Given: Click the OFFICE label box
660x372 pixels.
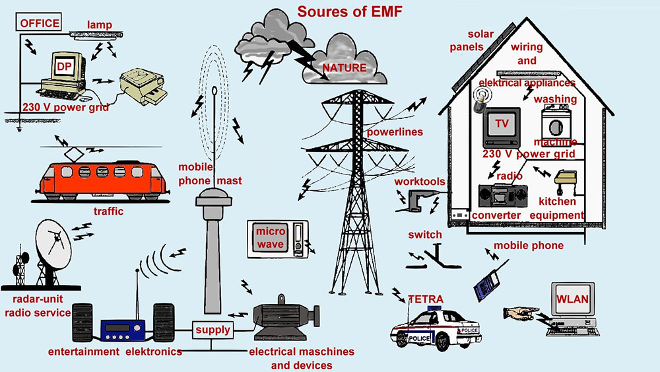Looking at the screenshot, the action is pyautogui.click(x=39, y=22).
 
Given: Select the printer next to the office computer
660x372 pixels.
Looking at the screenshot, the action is pyautogui.click(x=143, y=87).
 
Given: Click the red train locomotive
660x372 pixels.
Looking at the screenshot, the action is pyautogui.click(x=100, y=181).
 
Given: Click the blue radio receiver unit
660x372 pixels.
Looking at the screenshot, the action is pyautogui.click(x=123, y=330).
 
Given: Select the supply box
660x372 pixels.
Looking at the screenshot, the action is pyautogui.click(x=213, y=330).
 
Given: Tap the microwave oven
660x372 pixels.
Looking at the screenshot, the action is pyautogui.click(x=278, y=239).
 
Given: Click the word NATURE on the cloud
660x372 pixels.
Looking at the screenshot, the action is pyautogui.click(x=345, y=67).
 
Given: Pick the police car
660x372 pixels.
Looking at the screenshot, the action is pyautogui.click(x=436, y=329).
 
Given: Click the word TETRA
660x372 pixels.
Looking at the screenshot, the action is pyautogui.click(x=426, y=299).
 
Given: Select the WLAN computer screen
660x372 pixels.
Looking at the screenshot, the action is pyautogui.click(x=573, y=299).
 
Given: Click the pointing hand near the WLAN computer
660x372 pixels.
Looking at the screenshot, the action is pyautogui.click(x=521, y=313).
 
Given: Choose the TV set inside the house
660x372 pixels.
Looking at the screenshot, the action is pyautogui.click(x=502, y=127).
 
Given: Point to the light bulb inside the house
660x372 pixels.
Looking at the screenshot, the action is pyautogui.click(x=480, y=99).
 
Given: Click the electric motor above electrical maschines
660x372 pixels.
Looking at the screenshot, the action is pyautogui.click(x=286, y=318).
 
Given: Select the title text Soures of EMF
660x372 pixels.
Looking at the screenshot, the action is pyautogui.click(x=350, y=11).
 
